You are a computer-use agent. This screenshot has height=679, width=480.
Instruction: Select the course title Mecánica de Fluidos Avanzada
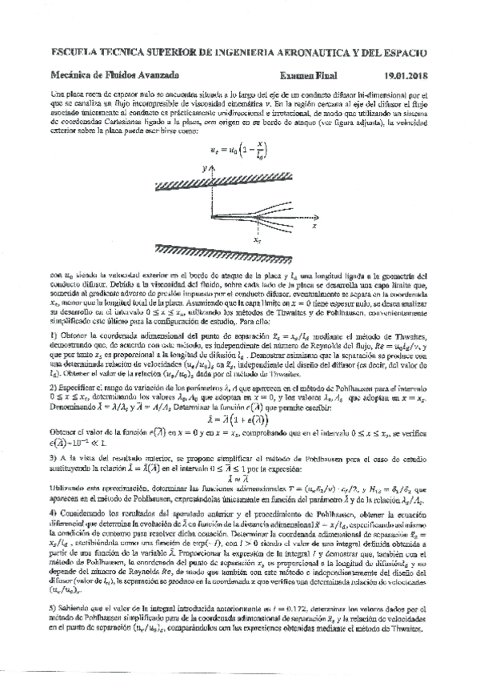[109, 75]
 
